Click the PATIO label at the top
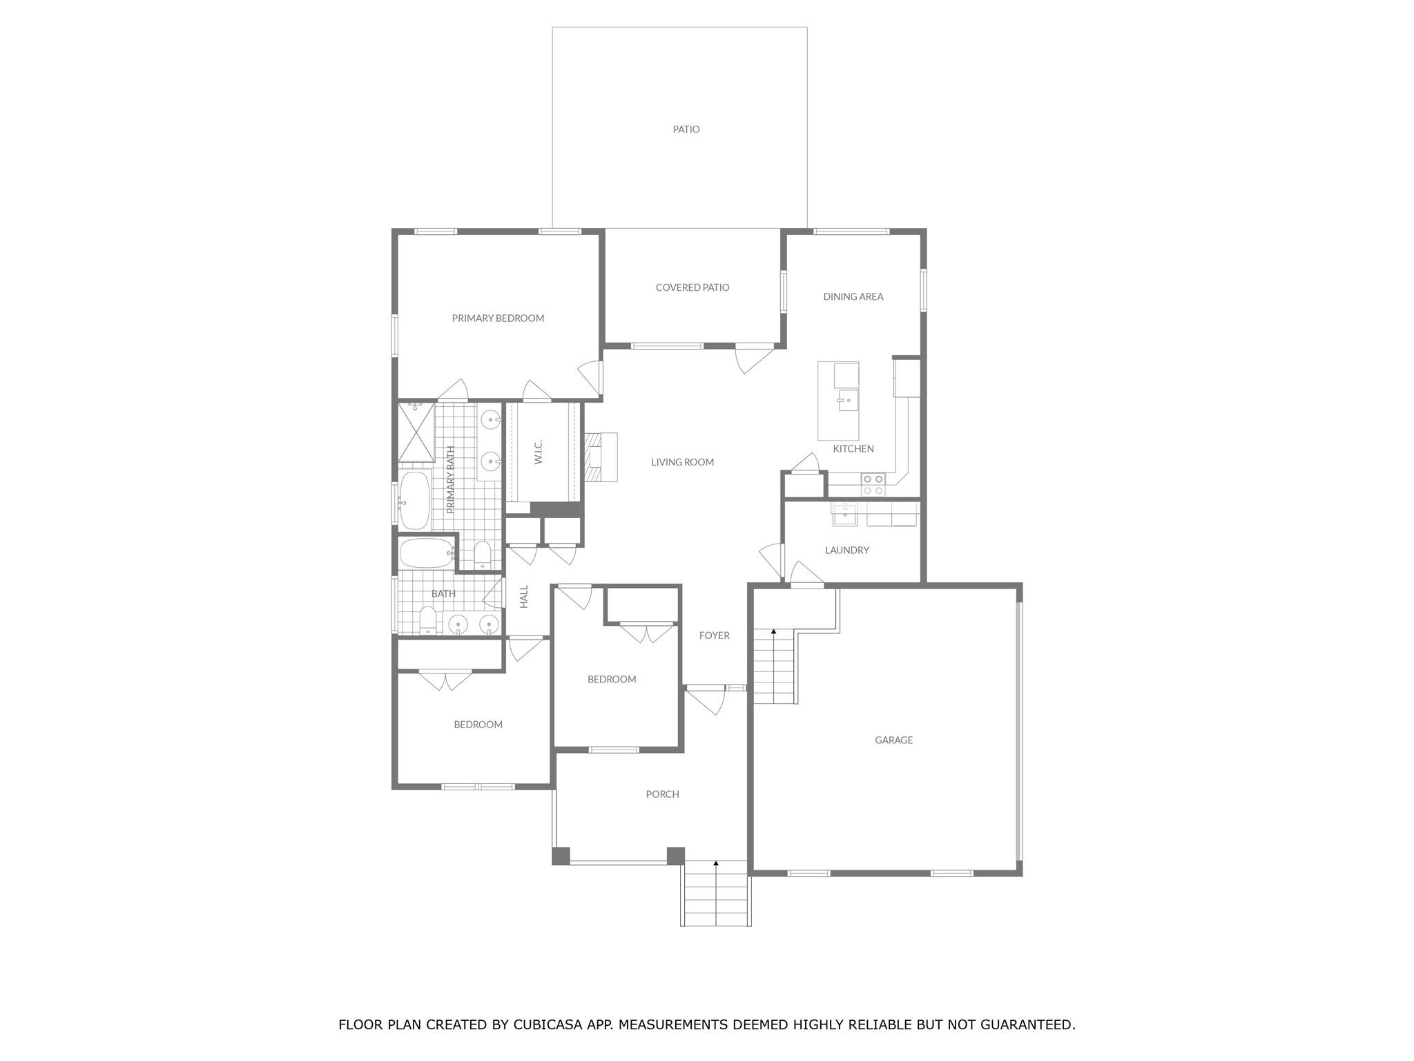tap(686, 129)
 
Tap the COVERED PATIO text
tap(692, 287)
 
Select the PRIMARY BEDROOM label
tap(498, 318)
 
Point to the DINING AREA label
tap(853, 296)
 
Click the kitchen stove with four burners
tap(873, 484)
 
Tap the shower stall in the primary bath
tap(416, 432)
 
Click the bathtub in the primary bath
tap(414, 500)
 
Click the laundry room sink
tap(844, 514)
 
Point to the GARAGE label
tap(893, 740)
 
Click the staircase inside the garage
tap(774, 667)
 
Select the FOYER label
tap(714, 635)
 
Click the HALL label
tap(524, 596)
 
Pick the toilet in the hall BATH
tap(428, 620)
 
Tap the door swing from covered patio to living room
tap(753, 358)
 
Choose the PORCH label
tap(662, 794)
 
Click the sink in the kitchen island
tap(847, 400)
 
